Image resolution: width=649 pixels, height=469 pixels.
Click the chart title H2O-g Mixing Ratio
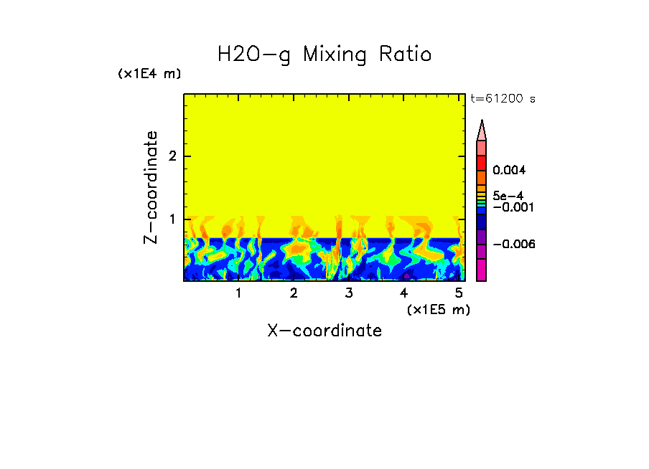click(324, 54)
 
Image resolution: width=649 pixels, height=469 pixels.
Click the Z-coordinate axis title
click(151, 187)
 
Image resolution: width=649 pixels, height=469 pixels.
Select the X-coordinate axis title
click(324, 331)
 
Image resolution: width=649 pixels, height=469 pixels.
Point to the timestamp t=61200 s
click(503, 99)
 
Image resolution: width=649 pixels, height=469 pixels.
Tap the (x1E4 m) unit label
click(149, 74)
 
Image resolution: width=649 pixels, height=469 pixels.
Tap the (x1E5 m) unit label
click(439, 309)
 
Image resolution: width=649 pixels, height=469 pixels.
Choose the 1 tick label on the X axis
click(238, 293)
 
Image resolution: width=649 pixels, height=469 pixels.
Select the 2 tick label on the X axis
click(294, 293)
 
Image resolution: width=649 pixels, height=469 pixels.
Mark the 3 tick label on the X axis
click(349, 293)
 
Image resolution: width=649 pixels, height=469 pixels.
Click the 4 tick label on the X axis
click(404, 293)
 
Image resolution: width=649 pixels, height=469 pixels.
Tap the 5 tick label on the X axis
click(459, 293)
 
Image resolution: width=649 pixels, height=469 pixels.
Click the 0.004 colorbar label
click(508, 171)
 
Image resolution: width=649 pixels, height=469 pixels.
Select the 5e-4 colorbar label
click(507, 195)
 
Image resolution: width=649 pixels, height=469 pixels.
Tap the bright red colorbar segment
click(482, 163)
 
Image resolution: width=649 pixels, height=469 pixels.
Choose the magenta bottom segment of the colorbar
click(482, 270)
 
